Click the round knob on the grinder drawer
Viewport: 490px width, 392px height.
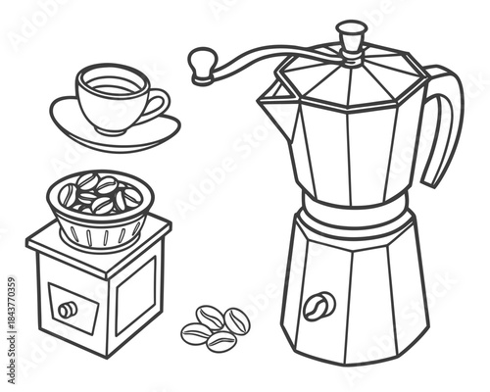(67, 310)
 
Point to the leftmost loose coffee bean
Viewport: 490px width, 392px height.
(195, 333)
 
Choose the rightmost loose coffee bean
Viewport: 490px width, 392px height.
(236, 320)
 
